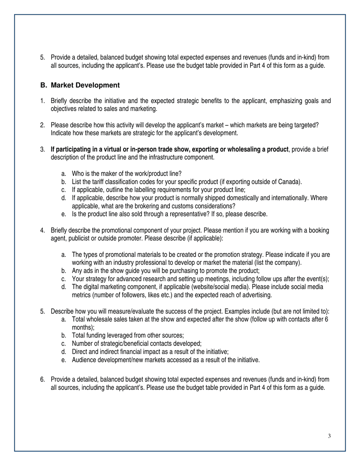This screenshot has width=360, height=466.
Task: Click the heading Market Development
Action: tap(85, 85)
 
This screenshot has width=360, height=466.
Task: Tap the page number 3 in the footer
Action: tap(329, 436)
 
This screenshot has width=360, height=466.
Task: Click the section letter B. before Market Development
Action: tap(44, 85)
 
